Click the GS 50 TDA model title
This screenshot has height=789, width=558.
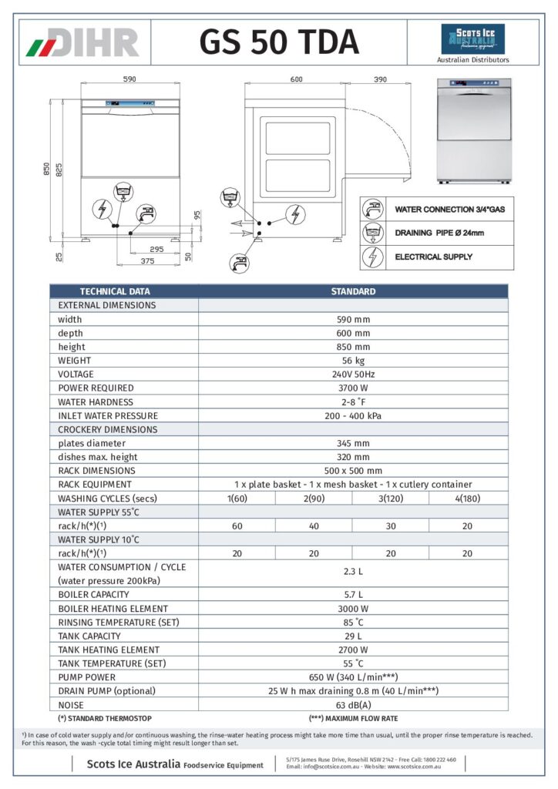point(278,42)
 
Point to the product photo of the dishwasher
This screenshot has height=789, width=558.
point(474,131)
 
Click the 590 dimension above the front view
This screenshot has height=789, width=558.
point(129,79)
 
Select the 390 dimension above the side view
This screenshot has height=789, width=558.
point(379,79)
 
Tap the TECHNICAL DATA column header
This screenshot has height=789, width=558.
point(115,291)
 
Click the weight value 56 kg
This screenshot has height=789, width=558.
point(352,361)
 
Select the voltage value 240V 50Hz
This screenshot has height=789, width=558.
point(352,374)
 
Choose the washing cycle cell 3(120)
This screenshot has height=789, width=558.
point(391,499)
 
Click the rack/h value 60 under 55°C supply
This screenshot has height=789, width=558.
point(237,525)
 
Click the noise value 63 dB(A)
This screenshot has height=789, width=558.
point(352,705)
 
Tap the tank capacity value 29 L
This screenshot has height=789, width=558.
point(352,636)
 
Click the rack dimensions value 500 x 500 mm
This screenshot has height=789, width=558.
point(352,471)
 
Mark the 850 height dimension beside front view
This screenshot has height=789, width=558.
point(47,169)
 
